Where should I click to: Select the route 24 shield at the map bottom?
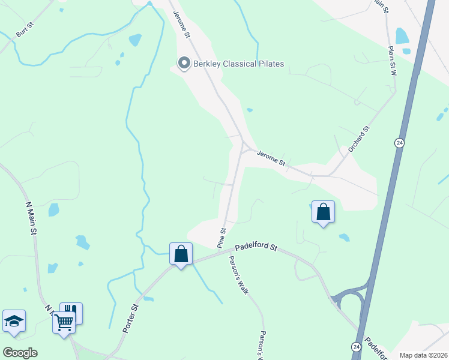(x=356, y=347)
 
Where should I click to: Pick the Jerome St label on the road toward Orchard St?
(x=271, y=159)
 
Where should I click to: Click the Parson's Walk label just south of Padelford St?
(x=238, y=275)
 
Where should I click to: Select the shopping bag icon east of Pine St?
(x=323, y=212)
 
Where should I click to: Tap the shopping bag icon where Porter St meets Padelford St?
(x=181, y=254)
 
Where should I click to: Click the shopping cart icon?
(x=64, y=323)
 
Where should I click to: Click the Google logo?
(x=20, y=352)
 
